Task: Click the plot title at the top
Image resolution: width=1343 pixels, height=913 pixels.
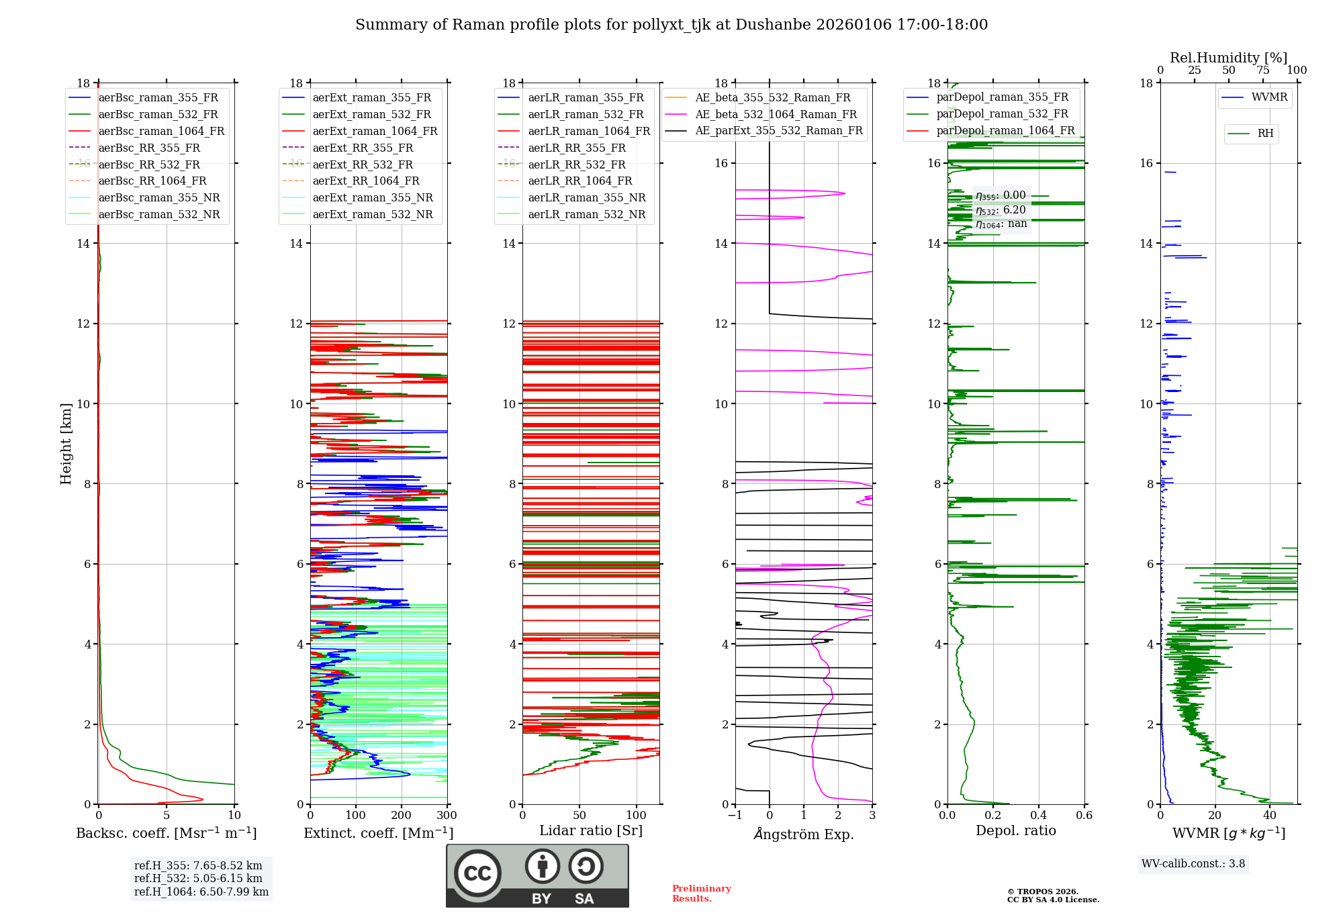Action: click(x=671, y=25)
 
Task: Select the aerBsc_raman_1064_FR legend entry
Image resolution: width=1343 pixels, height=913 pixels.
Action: click(x=161, y=131)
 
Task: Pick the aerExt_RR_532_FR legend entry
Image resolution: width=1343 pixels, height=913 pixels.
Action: click(x=363, y=164)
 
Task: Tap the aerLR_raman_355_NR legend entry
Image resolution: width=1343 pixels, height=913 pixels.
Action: click(x=586, y=197)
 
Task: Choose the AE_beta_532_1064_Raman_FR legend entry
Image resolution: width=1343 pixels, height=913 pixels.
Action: click(x=776, y=114)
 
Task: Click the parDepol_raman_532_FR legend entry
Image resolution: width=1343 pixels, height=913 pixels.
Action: click(x=1002, y=114)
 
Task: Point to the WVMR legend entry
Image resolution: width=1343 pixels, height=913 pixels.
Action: click(x=1269, y=97)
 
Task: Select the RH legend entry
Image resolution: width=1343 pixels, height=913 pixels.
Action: click(x=1265, y=134)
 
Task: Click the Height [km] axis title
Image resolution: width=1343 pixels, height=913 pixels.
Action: click(x=66, y=443)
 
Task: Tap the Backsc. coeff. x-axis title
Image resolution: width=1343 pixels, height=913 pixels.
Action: click(x=166, y=833)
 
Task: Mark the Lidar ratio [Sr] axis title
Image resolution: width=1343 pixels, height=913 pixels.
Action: click(x=591, y=830)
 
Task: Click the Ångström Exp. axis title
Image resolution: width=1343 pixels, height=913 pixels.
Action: click(x=804, y=834)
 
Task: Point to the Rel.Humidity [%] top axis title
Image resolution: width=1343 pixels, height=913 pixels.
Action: click(x=1229, y=58)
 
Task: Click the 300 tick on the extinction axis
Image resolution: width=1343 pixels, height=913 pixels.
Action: click(x=447, y=816)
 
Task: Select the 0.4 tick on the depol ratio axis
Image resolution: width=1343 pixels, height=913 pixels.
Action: click(x=1038, y=816)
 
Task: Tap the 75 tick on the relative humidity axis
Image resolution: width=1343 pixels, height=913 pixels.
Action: click(x=1263, y=70)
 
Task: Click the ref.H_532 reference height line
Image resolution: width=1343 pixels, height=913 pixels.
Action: click(x=198, y=878)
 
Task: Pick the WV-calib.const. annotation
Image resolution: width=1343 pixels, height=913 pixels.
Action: click(x=1193, y=864)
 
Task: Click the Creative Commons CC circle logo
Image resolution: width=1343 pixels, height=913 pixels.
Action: click(x=477, y=873)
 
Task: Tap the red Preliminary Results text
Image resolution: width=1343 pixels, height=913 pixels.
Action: click(x=701, y=894)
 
